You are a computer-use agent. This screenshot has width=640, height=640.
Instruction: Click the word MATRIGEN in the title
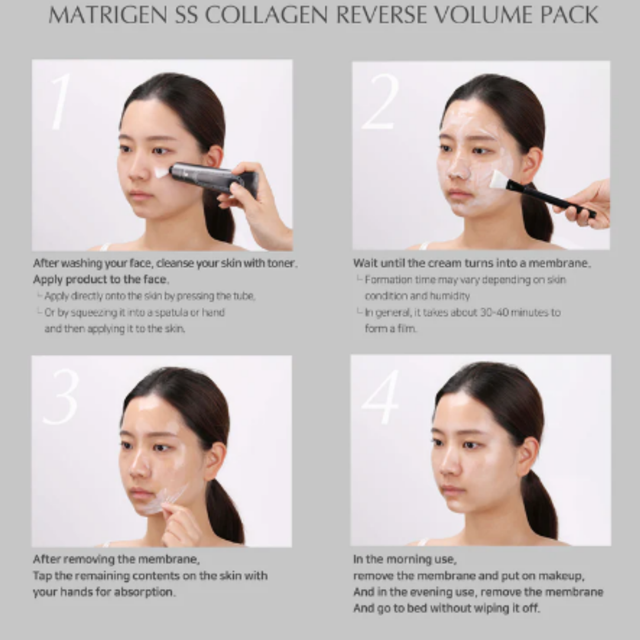[107, 15]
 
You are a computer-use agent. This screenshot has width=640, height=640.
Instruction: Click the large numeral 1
[60, 101]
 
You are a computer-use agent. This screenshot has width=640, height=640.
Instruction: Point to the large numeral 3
[61, 396]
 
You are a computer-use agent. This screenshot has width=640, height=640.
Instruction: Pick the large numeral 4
[381, 396]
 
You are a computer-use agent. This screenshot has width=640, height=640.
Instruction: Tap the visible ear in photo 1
[213, 157]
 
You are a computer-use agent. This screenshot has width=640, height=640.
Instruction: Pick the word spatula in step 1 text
[169, 312]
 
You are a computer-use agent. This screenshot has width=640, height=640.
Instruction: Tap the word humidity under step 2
[450, 296]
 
